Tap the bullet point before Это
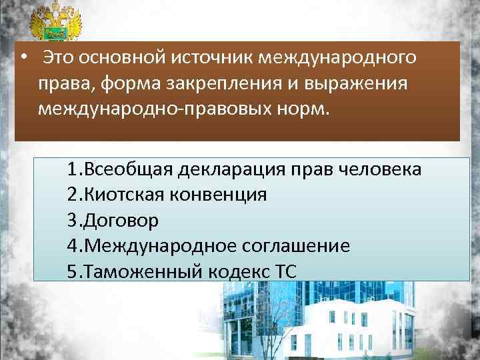tap(23, 57)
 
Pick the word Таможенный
tap(135, 271)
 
